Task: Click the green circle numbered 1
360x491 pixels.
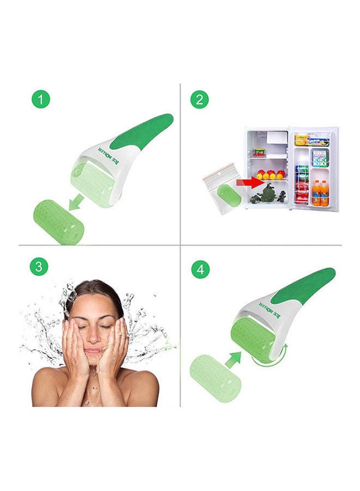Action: (41, 100)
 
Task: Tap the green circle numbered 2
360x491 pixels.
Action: (200, 100)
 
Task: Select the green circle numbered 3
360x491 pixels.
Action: (38, 267)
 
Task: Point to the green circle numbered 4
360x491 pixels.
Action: (200, 269)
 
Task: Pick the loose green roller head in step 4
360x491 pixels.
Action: (215, 377)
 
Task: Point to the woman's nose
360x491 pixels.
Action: (94, 334)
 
